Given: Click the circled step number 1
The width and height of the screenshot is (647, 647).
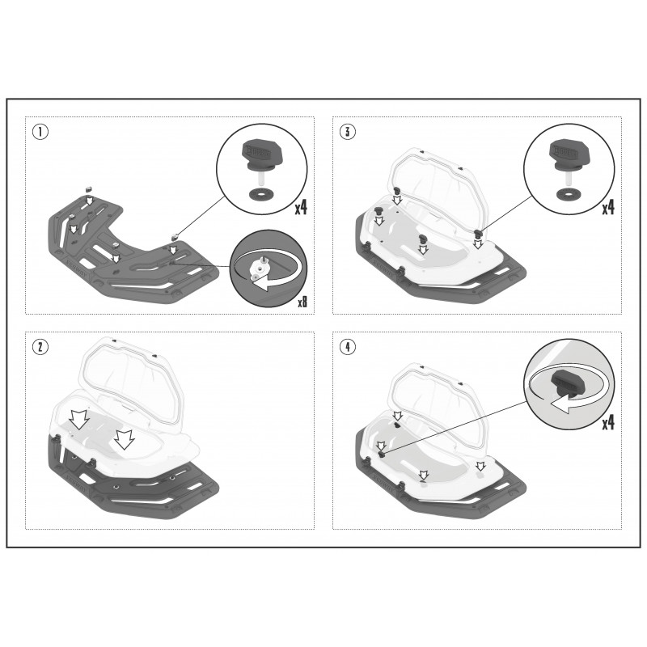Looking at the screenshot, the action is click(x=40, y=132).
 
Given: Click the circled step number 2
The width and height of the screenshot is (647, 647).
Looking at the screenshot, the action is click(x=40, y=347).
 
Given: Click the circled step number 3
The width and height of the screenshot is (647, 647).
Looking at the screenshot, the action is click(x=348, y=132).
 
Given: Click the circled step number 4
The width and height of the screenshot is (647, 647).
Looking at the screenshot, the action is click(x=348, y=347).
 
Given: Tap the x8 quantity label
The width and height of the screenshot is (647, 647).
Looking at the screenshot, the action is click(x=302, y=302).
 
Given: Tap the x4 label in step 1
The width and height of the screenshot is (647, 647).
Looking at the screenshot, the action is click(x=301, y=207).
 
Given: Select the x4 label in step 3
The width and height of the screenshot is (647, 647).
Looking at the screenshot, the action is click(x=608, y=207).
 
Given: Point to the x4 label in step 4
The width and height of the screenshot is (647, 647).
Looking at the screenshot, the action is click(x=608, y=422).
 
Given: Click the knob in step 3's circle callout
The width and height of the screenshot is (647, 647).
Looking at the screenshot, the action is click(x=565, y=154).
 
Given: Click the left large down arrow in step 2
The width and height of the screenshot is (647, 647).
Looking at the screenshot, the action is click(x=78, y=420).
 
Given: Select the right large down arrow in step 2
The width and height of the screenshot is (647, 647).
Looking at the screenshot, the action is click(x=125, y=439).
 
